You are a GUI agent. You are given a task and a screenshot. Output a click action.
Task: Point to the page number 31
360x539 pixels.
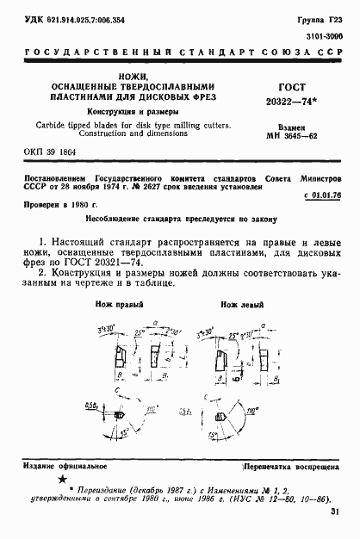333,513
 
